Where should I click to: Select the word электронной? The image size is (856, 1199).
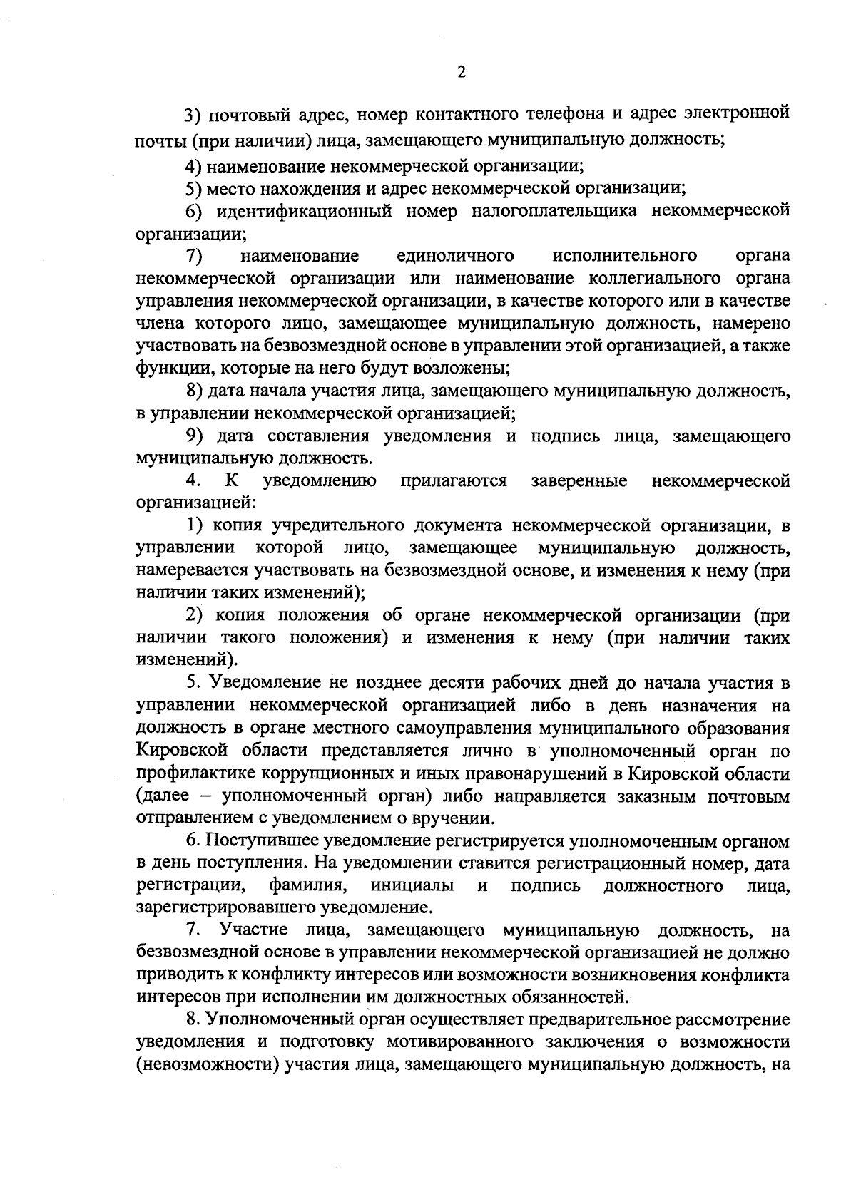pyautogui.click(x=737, y=114)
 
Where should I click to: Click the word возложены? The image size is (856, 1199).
pyautogui.click(x=459, y=369)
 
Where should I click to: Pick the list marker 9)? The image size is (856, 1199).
pyautogui.click(x=195, y=436)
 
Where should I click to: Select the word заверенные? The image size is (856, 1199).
pyautogui.click(x=579, y=481)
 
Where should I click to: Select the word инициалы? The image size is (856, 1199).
pyautogui.click(x=413, y=886)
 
